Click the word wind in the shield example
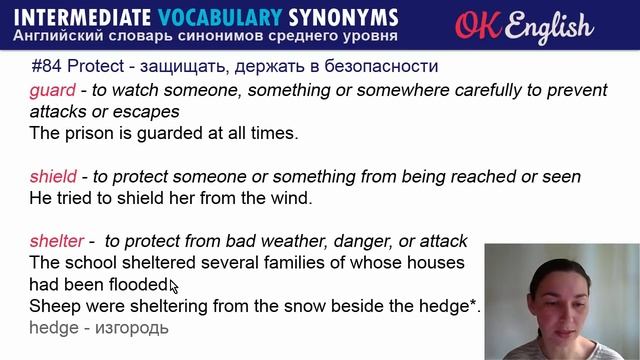click(289, 198)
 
